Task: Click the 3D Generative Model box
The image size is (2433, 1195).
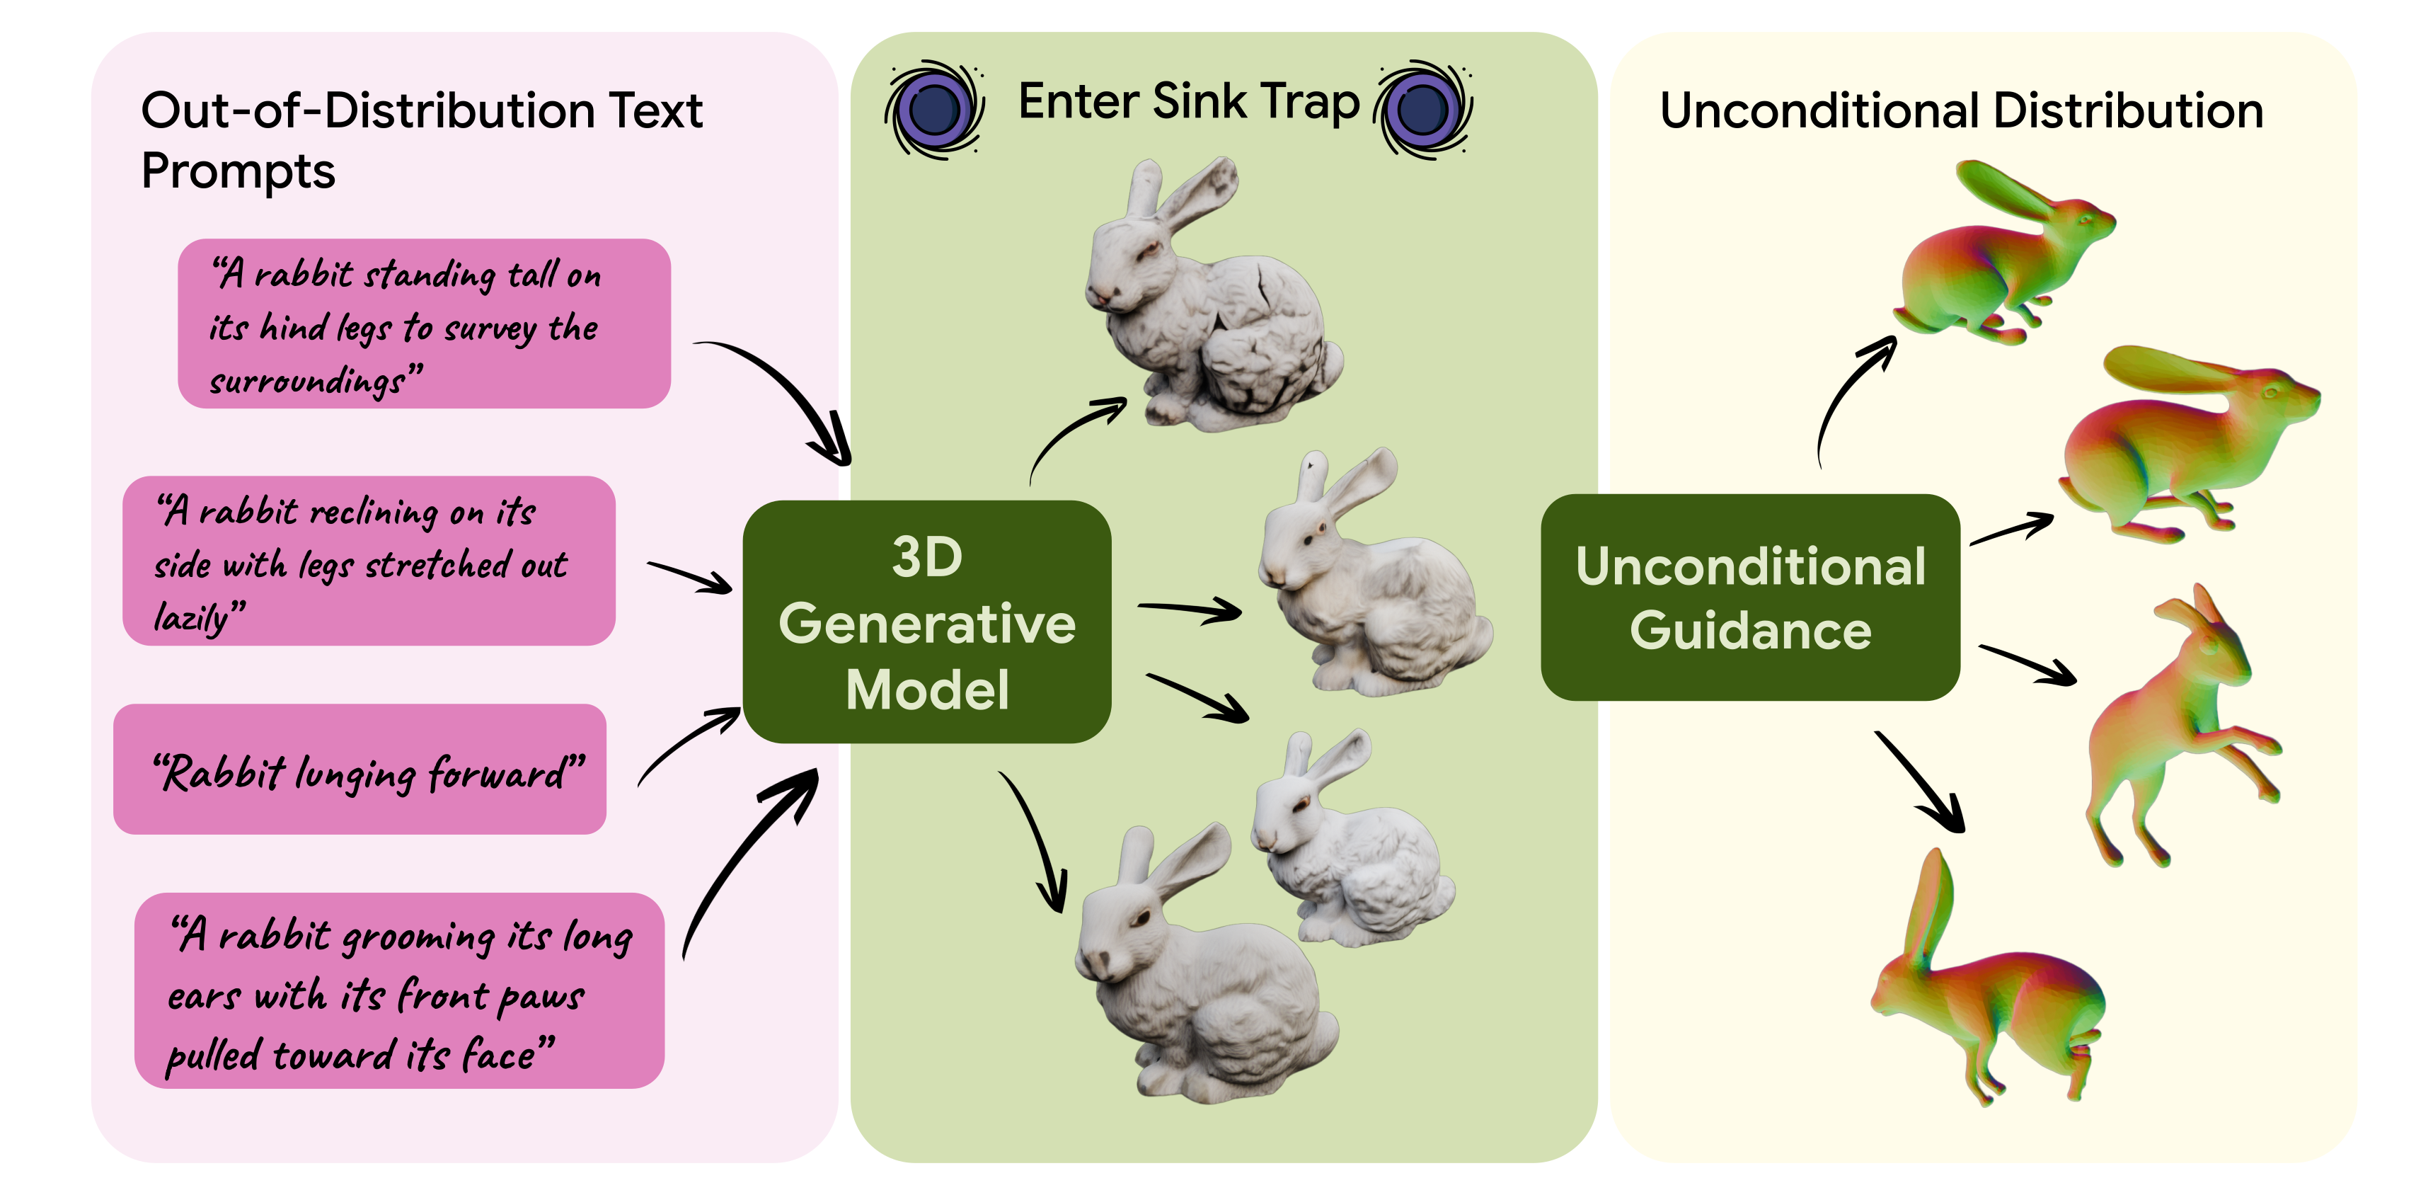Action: pos(926,622)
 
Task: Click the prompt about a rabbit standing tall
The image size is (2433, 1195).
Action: pos(424,324)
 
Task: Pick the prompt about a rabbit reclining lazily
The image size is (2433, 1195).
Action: pos(369,561)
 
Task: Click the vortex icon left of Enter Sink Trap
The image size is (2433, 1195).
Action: pos(934,108)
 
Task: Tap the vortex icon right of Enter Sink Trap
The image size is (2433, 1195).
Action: pos(1423,108)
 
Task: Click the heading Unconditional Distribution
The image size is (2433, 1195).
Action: pos(1961,110)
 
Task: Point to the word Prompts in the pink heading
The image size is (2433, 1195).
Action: pos(238,172)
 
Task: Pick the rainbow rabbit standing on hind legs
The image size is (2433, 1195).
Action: pos(2173,727)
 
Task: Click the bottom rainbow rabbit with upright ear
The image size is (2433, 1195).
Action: pos(1984,992)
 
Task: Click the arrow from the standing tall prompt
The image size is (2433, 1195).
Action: pos(784,396)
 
